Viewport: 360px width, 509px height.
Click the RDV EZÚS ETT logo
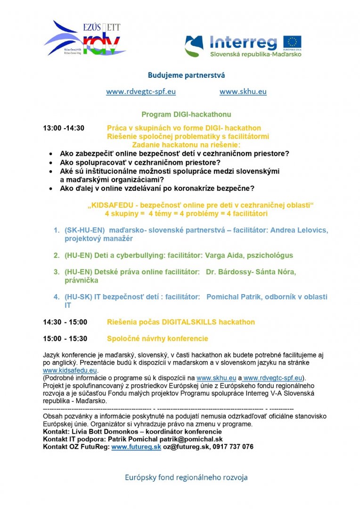tap(85, 39)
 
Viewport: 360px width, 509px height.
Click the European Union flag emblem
tap(292, 42)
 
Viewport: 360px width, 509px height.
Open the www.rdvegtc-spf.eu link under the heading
tap(141, 92)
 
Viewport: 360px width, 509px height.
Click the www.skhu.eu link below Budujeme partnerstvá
tap(243, 92)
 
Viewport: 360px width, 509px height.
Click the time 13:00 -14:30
tap(64, 128)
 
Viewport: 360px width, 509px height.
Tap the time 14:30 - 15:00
tap(65, 322)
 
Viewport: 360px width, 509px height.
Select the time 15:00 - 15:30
tap(65, 339)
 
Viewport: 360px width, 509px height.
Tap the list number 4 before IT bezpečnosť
tap(56, 297)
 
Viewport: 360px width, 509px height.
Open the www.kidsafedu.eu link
tap(70, 371)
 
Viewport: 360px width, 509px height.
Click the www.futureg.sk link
tap(136, 447)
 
